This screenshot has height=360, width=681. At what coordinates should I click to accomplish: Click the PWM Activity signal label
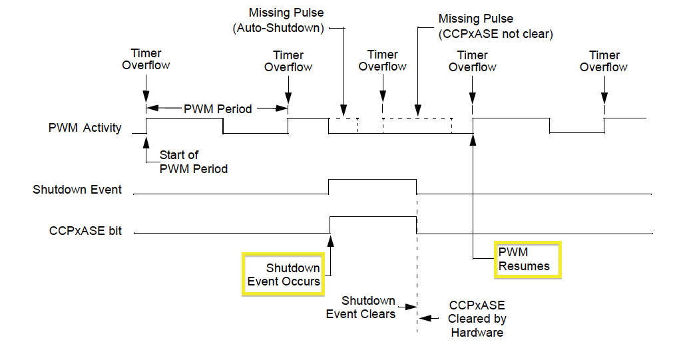point(85,128)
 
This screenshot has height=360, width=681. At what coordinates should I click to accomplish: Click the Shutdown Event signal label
point(77,190)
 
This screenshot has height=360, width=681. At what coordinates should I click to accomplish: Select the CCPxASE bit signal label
point(85,232)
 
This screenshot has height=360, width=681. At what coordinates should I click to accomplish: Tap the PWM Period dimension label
point(218,108)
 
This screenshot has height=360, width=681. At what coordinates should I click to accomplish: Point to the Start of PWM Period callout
point(193,162)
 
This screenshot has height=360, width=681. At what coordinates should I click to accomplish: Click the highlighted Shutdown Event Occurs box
point(284,274)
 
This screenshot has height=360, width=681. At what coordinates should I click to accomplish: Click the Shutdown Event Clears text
point(360,307)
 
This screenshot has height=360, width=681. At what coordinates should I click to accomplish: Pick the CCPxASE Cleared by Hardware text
point(477,319)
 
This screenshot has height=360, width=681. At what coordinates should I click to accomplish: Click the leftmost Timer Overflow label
point(146,59)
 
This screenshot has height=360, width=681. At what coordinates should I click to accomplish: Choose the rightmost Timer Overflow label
point(604,61)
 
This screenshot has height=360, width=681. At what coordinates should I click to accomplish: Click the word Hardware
point(477,332)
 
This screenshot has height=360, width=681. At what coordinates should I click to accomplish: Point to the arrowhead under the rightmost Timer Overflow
point(604,94)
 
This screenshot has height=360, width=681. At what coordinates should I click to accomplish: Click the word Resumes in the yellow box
point(525,266)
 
